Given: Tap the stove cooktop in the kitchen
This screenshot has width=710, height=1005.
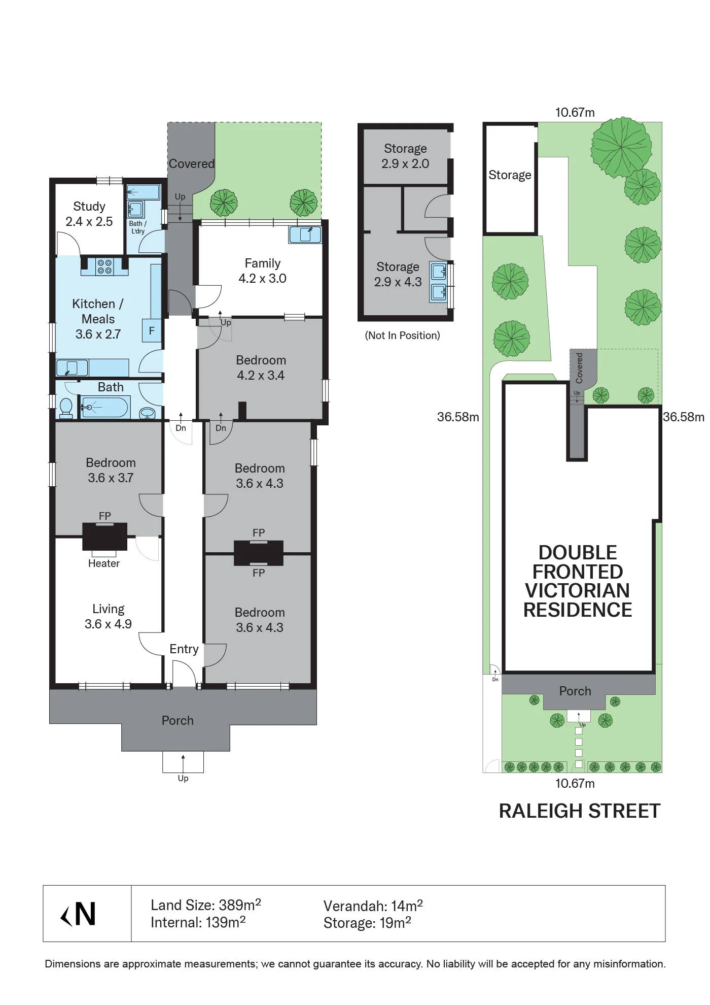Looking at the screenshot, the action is (x=104, y=266).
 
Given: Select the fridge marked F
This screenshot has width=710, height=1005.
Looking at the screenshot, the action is (x=152, y=331).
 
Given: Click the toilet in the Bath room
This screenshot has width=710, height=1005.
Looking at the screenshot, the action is (x=66, y=408).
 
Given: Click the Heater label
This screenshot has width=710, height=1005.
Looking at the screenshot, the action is (x=104, y=563).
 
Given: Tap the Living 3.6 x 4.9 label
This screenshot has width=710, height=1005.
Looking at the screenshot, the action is (x=108, y=617).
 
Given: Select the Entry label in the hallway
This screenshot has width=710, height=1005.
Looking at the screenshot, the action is (x=184, y=649).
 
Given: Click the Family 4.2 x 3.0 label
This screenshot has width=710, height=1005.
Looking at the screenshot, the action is (x=263, y=271).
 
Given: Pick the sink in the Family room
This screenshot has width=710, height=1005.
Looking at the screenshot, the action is (x=305, y=235).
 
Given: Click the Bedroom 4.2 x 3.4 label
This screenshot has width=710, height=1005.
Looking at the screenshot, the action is (x=261, y=367).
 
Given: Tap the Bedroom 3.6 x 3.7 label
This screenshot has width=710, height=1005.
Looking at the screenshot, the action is (x=111, y=470).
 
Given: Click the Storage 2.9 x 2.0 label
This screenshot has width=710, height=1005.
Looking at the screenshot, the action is (x=405, y=156).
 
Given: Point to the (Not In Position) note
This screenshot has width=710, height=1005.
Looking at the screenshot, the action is (x=403, y=336).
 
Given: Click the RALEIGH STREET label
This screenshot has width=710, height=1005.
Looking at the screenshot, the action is (x=580, y=811).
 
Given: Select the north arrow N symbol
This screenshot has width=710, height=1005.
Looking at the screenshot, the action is (x=79, y=914).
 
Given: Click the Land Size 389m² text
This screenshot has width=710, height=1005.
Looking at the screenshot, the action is (x=206, y=904).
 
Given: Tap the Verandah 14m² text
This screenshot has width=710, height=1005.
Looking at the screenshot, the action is (x=373, y=906).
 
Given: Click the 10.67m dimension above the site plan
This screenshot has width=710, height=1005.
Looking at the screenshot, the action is (x=575, y=112).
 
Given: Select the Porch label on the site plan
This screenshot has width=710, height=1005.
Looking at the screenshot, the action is (x=575, y=691).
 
